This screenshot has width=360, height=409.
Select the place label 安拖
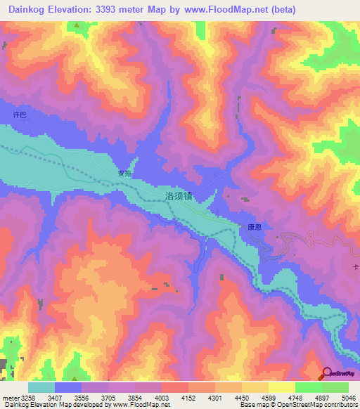[x=124, y=173]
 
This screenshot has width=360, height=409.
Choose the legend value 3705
[x=110, y=398]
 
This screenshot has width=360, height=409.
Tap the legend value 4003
[x=163, y=398]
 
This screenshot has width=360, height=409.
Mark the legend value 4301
[x=217, y=398]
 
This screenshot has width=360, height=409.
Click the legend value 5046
[x=348, y=398]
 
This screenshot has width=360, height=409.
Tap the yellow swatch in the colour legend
[x=281, y=387]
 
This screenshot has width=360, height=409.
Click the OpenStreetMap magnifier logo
[x=326, y=372]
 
